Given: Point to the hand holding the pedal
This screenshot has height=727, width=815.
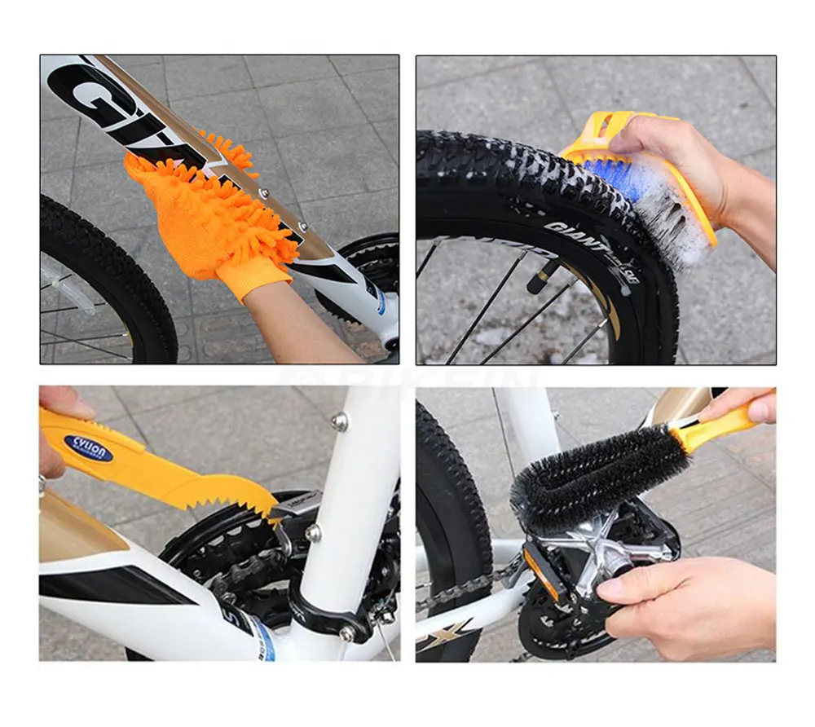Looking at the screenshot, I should [x=693, y=603].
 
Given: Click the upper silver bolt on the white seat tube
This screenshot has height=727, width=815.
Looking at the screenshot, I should [x=340, y=421].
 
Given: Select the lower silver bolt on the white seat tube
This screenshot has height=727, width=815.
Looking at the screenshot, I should [x=312, y=533].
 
